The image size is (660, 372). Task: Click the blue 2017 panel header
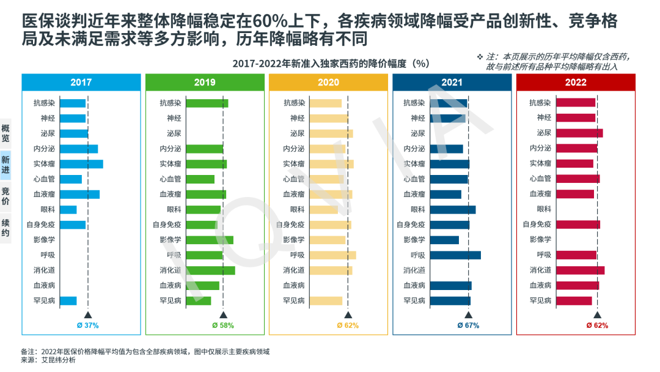(81, 83)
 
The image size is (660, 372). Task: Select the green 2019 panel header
(205, 83)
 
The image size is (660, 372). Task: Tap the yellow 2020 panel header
(328, 83)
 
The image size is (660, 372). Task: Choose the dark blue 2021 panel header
(452, 83)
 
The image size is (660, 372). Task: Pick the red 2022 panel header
(576, 83)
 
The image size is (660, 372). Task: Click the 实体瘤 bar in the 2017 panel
(81, 164)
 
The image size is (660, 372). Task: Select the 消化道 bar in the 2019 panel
(210, 270)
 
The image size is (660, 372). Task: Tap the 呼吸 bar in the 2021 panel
(455, 255)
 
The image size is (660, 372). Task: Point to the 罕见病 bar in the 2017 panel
(68, 300)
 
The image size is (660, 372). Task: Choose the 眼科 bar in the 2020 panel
(324, 209)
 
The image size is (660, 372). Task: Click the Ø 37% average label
(88, 325)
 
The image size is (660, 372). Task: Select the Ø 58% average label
(223, 325)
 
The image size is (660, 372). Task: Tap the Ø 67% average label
(469, 325)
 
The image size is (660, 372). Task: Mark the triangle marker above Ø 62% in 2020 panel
(348, 314)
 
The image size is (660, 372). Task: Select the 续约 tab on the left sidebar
(5, 228)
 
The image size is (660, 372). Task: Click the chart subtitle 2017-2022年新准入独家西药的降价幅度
(331, 64)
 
